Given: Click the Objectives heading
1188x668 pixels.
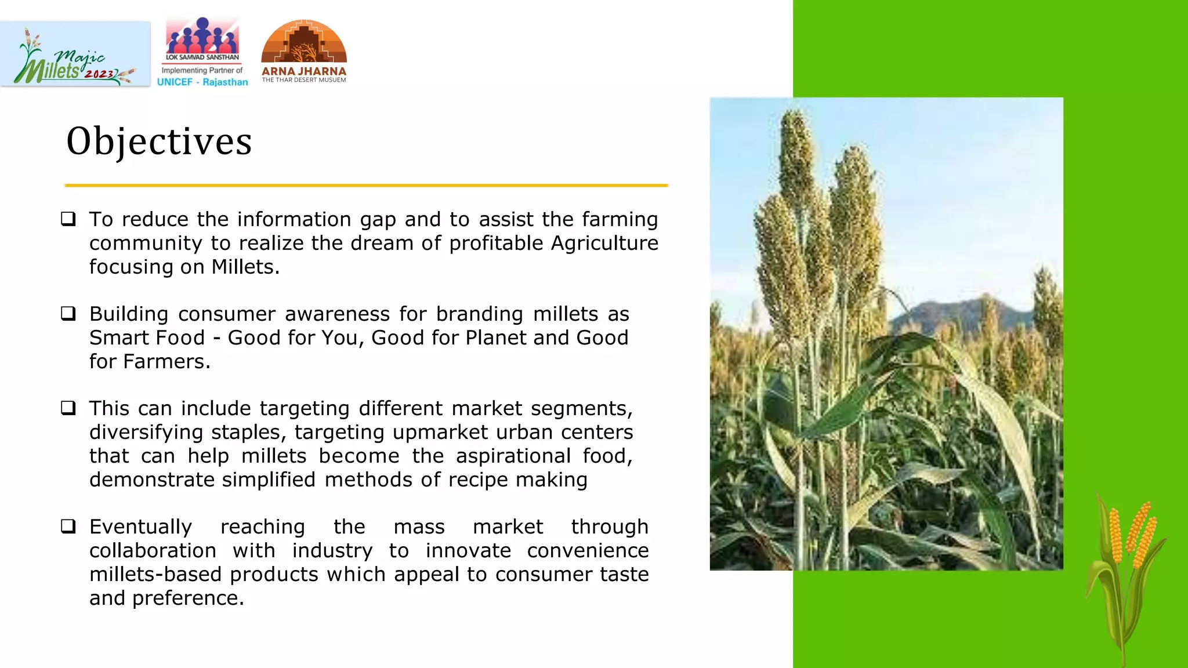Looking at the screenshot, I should point(159,141).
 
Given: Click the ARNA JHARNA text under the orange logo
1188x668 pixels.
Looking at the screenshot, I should point(303,71).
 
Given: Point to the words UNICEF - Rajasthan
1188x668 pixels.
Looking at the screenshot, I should point(202,82).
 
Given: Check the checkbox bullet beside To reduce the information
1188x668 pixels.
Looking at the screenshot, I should point(68,219).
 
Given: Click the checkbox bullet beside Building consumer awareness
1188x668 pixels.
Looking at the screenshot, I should point(68,314).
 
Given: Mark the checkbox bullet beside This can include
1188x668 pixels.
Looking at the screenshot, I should point(68,408).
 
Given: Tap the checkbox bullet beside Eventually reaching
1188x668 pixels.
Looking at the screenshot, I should point(68,527).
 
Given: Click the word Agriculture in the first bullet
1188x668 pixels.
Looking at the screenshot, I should point(604,243).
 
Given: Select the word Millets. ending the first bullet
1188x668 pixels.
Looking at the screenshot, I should point(245,267).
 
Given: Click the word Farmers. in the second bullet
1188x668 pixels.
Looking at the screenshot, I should point(166,361).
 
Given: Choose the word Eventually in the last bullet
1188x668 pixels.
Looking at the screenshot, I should point(140,527).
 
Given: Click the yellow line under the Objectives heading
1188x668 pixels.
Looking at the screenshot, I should point(367,186).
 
